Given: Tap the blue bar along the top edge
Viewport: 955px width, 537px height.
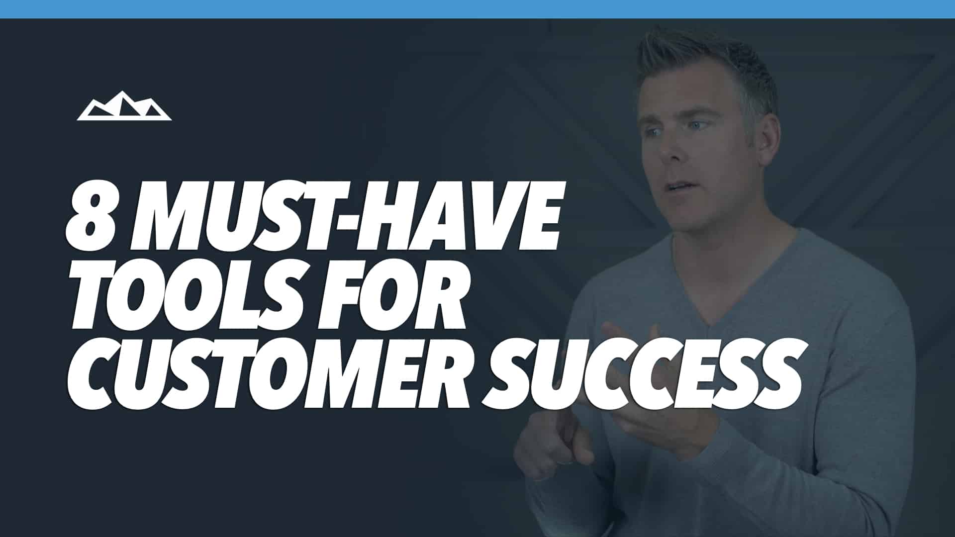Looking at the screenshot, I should point(477,9).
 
